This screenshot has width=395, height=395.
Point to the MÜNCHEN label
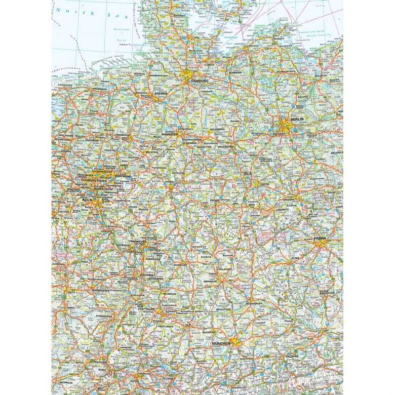[x=221, y=343]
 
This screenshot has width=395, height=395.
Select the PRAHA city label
[x=320, y=238]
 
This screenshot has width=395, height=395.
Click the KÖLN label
[x=88, y=201]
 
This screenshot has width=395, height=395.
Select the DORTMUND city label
[x=123, y=176]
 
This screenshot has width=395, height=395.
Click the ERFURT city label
[x=215, y=201]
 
